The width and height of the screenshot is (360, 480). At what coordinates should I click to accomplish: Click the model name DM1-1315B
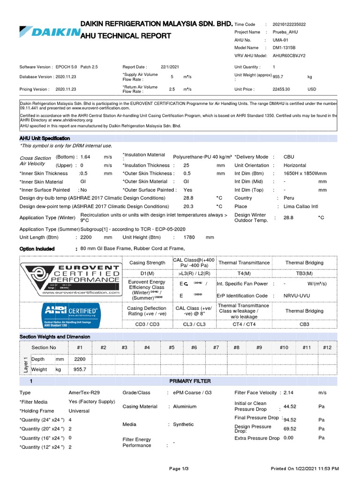(284, 48)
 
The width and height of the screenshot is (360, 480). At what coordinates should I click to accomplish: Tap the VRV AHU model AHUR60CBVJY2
(289, 55)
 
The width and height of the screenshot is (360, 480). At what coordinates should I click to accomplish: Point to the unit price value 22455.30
(281, 89)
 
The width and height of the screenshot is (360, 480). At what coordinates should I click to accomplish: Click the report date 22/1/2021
(169, 67)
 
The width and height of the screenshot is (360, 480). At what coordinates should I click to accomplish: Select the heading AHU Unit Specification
(45, 139)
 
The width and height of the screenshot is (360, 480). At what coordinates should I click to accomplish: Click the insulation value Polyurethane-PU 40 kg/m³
(202, 157)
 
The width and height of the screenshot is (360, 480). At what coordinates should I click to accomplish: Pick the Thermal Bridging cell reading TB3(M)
(304, 273)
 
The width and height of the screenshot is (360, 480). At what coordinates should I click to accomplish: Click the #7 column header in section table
(216, 347)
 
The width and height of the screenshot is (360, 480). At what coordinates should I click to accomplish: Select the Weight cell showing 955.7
(80, 369)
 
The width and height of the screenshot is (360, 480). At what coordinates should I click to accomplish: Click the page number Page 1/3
(178, 468)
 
